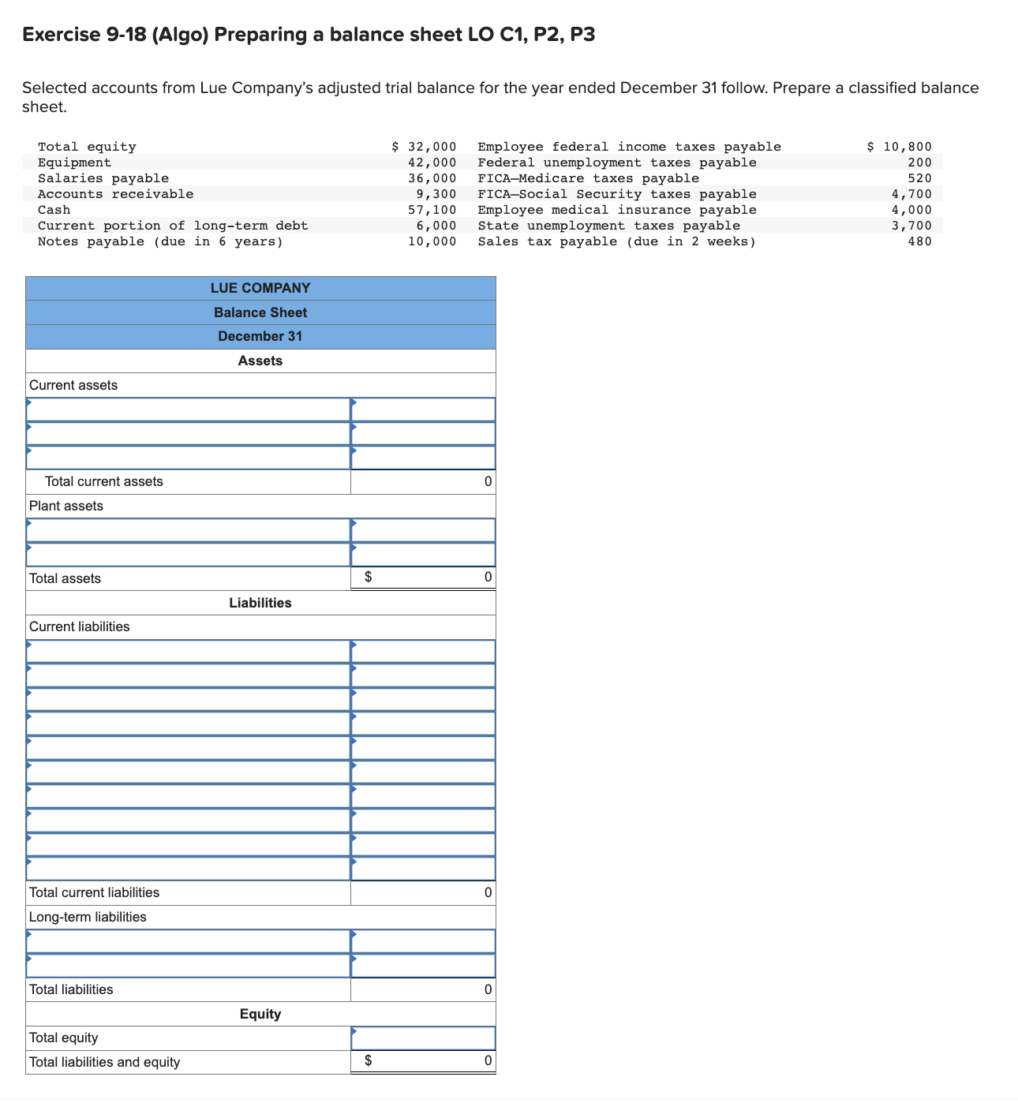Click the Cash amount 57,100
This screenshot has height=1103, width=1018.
(x=432, y=210)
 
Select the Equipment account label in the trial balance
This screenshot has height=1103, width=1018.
(x=75, y=163)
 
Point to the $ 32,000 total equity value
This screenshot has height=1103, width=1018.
(x=425, y=147)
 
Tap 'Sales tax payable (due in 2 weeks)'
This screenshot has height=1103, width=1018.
(x=616, y=241)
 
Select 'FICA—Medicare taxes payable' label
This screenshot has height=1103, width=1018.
(x=588, y=178)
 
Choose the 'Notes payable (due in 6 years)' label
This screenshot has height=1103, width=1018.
(x=160, y=241)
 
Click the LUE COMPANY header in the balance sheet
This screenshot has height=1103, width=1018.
(x=260, y=288)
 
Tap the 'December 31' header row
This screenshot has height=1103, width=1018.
(x=260, y=336)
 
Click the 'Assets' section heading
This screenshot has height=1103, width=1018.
(x=260, y=361)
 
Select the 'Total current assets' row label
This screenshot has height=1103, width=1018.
(x=104, y=481)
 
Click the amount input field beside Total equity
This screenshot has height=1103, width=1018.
(x=423, y=1038)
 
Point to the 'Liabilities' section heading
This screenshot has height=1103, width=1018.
(x=260, y=603)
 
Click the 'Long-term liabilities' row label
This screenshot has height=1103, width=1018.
(x=88, y=917)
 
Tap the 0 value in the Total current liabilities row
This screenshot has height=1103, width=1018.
(x=488, y=892)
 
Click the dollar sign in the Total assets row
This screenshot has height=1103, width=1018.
(x=368, y=578)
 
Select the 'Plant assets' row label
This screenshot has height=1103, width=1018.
(x=66, y=506)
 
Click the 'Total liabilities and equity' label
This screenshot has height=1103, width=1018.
(x=104, y=1062)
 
